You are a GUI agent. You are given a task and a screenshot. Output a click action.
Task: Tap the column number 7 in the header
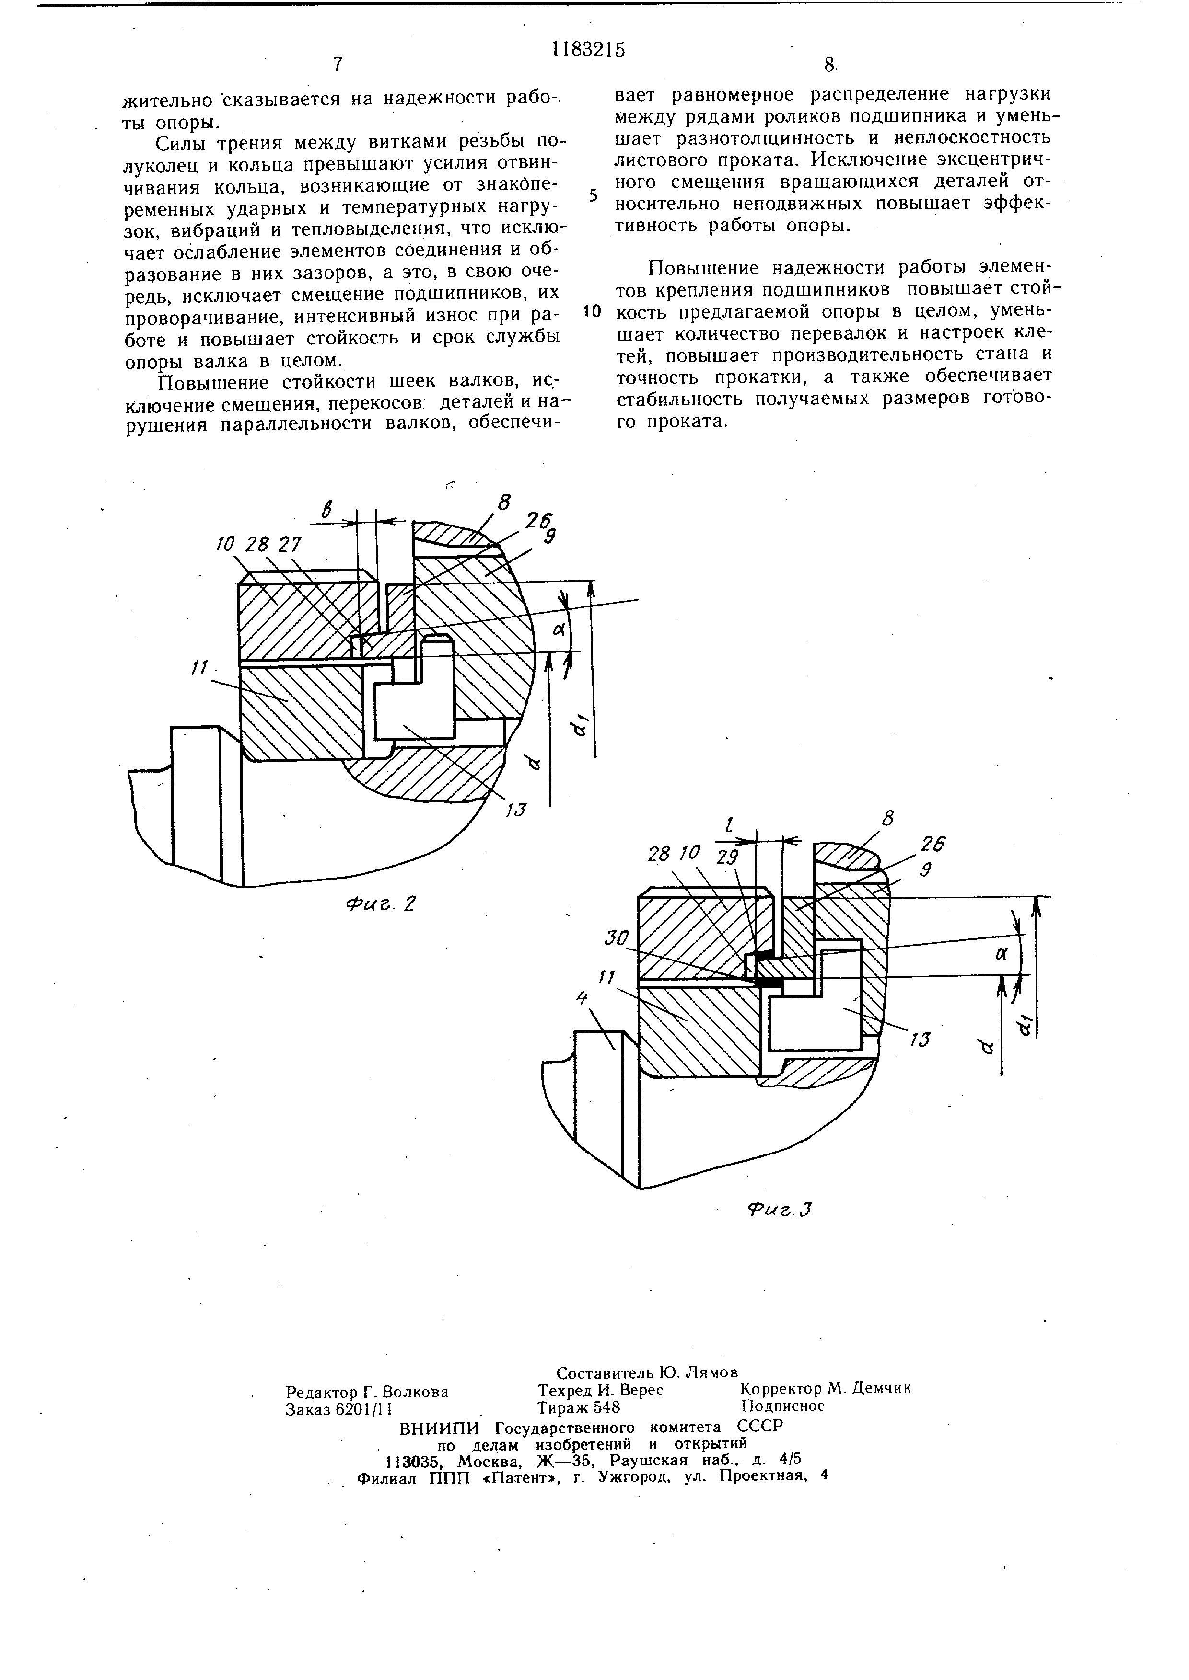[x=338, y=64]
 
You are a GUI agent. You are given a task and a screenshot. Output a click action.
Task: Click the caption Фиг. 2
[x=381, y=904]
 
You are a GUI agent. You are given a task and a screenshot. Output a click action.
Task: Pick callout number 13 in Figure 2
[x=517, y=810]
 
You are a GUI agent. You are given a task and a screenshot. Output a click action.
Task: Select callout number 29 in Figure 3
[x=728, y=857]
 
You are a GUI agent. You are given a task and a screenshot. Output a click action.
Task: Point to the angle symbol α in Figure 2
[x=560, y=629]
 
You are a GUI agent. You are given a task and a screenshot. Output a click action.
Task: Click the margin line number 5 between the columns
[x=594, y=196]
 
